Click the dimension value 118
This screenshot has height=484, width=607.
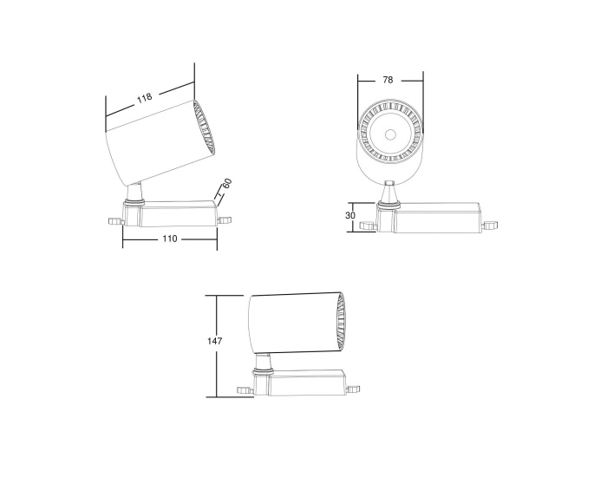pos(144,98)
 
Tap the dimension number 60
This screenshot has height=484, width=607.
pos(226,184)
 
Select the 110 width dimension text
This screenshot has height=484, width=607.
pos(168,239)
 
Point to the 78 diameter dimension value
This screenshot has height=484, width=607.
pos(388,80)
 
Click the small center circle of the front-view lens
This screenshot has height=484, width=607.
pos(390,134)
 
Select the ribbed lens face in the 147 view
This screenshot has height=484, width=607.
pos(343,323)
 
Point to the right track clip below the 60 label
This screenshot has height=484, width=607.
pos(227,219)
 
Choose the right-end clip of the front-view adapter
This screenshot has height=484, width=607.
pos(492,226)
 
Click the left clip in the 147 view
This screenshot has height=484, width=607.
pos(245,389)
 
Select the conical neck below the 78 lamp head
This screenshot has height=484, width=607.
pos(390,191)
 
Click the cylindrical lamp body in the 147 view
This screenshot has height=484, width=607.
pos(290,323)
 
